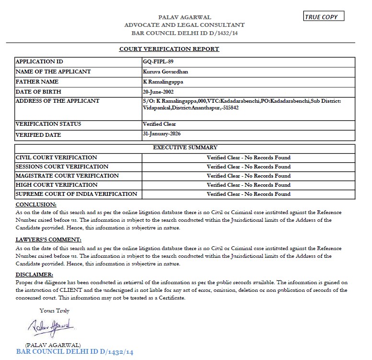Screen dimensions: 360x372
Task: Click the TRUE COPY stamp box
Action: point(324,17)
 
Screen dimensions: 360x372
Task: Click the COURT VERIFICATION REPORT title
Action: point(169,49)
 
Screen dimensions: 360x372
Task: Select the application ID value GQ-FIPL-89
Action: point(157,62)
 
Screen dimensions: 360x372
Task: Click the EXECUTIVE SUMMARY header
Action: point(185,148)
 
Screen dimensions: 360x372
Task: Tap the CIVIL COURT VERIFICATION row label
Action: point(56,157)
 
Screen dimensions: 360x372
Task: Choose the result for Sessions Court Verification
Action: point(248,167)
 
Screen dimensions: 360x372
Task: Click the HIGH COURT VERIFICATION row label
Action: point(57,185)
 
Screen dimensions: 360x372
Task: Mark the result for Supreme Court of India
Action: point(248,194)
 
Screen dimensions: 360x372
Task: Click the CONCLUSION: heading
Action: point(36,204)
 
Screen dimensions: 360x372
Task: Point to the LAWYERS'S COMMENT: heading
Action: point(48,240)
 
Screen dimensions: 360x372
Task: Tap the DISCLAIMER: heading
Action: point(35,275)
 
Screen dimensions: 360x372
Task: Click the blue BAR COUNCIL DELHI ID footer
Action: point(75,352)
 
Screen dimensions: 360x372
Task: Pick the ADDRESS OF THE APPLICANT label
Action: point(58,101)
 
